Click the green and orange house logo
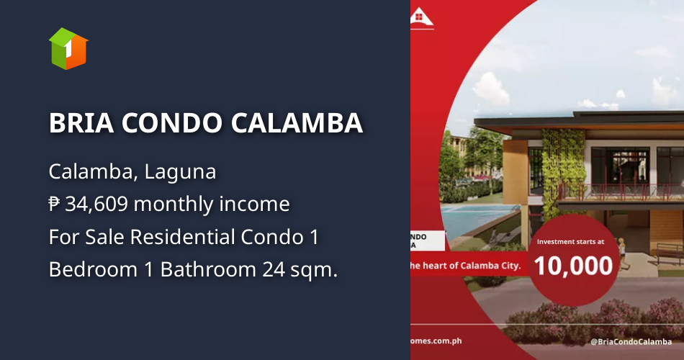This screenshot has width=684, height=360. [x=68, y=48]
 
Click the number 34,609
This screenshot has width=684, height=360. [x=96, y=204]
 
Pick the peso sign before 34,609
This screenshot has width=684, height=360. [x=55, y=204]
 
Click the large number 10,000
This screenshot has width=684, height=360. [x=574, y=266]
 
